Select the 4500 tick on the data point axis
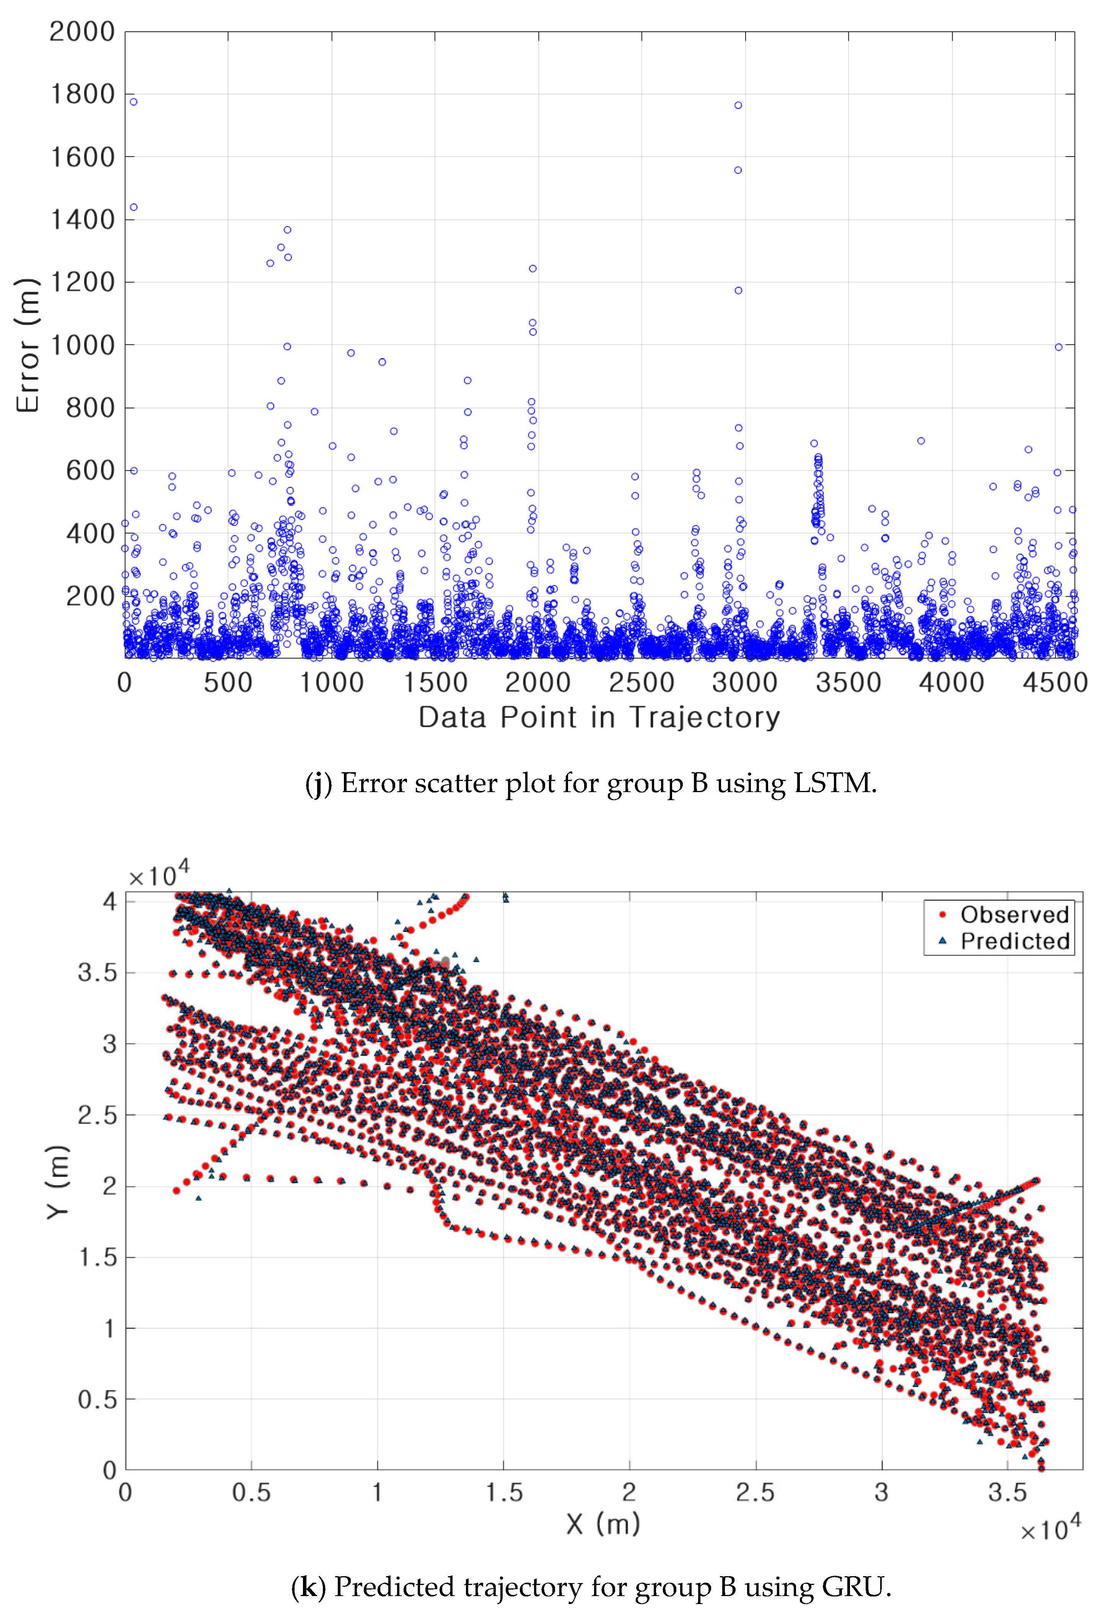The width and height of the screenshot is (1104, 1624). click(x=1055, y=683)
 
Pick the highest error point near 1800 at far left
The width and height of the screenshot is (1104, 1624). click(x=134, y=102)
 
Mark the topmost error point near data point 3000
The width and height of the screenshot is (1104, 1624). click(x=738, y=106)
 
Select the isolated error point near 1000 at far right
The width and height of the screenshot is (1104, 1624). click(x=1058, y=347)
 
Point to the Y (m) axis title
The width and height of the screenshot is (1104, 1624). click(x=58, y=1182)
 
